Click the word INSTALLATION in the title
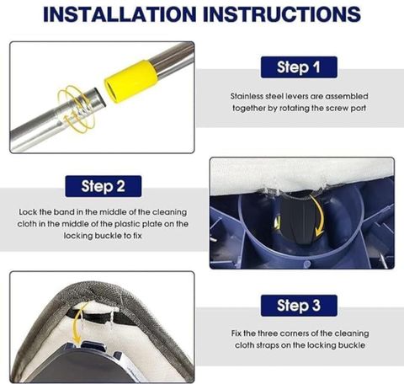[120, 14]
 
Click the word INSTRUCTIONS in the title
[282, 14]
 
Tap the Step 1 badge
[299, 67]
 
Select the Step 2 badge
[104, 186]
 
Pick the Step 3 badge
[299, 306]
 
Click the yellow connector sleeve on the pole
[130, 81]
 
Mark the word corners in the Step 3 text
[295, 333]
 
